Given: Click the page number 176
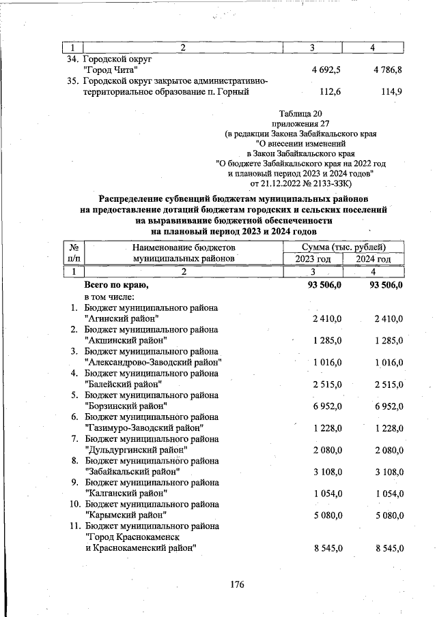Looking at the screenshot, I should click(x=237, y=584).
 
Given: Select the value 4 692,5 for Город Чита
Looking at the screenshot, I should click(x=326, y=70).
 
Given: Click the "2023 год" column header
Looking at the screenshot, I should click(x=313, y=259).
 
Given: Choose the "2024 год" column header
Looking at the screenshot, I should click(x=374, y=259).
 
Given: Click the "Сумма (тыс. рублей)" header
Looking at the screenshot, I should click(x=343, y=247).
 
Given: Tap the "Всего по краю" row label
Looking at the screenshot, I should click(x=115, y=284).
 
